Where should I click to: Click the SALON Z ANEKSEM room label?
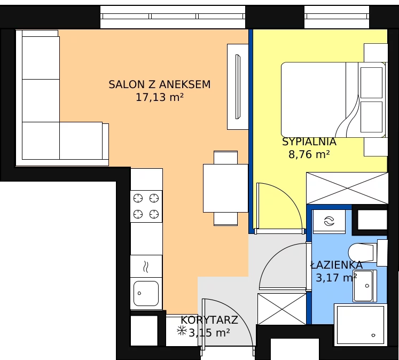pyautogui.click(x=160, y=84)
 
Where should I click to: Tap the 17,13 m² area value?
pyautogui.click(x=160, y=97)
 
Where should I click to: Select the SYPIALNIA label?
pyautogui.click(x=309, y=142)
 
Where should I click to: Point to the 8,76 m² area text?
pyautogui.click(x=309, y=154)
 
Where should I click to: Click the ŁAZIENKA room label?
pyautogui.click(x=337, y=264)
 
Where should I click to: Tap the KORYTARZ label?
pyautogui.click(x=209, y=320)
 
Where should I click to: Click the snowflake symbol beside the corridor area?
pyautogui.click(x=182, y=331)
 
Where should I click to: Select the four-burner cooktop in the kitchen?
pyautogui.click(x=146, y=206)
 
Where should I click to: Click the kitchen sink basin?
pyautogui.click(x=146, y=293)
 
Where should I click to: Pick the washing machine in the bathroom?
pyautogui.click(x=329, y=221)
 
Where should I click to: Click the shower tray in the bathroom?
pyautogui.click(x=361, y=325)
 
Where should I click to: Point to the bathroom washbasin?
pyautogui.click(x=364, y=286)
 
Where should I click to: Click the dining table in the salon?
pyautogui.click(x=225, y=188)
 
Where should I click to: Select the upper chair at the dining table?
pyautogui.click(x=226, y=158)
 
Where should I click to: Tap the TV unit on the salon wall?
pyautogui.click(x=238, y=87)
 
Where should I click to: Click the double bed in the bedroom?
pyautogui.click(x=333, y=100)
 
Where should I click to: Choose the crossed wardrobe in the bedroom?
pyautogui.click(x=347, y=188)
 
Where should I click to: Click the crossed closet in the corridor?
pyautogui.click(x=281, y=309)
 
